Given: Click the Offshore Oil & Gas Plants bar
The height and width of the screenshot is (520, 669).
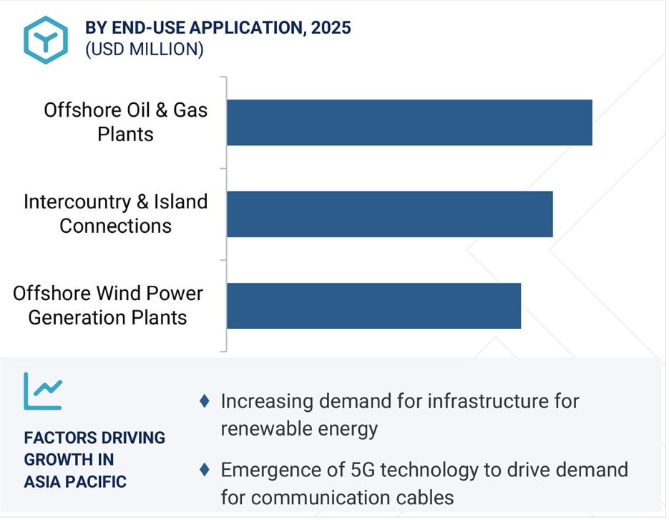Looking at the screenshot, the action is [409, 122].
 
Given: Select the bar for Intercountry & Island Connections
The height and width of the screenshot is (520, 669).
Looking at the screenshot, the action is [390, 214].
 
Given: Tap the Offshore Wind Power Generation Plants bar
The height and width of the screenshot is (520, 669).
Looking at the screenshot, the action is [373, 306].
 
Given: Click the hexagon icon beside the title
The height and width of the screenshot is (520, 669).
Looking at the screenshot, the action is [46, 40].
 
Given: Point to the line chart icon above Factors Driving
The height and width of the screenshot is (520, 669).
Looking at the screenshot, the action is [43, 391].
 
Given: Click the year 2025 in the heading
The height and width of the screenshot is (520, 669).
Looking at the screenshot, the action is [331, 28].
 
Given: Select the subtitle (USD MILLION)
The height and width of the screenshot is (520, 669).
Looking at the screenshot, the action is [145, 49].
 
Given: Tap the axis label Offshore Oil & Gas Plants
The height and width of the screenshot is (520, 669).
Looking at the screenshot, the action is [125, 122].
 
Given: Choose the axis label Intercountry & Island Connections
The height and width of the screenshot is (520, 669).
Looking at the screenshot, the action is [116, 213].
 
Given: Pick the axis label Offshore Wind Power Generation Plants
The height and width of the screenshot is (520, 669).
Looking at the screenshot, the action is [108, 305].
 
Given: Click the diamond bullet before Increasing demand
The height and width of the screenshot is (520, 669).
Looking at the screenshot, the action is [205, 401].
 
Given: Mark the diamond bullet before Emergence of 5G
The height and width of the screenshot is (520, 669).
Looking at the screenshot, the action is [205, 470].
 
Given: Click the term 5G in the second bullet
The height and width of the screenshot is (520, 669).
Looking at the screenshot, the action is [363, 470].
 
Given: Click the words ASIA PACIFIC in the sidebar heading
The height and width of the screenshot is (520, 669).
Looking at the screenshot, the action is [75, 481].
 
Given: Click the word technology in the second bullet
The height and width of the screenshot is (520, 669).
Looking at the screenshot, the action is [429, 471].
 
